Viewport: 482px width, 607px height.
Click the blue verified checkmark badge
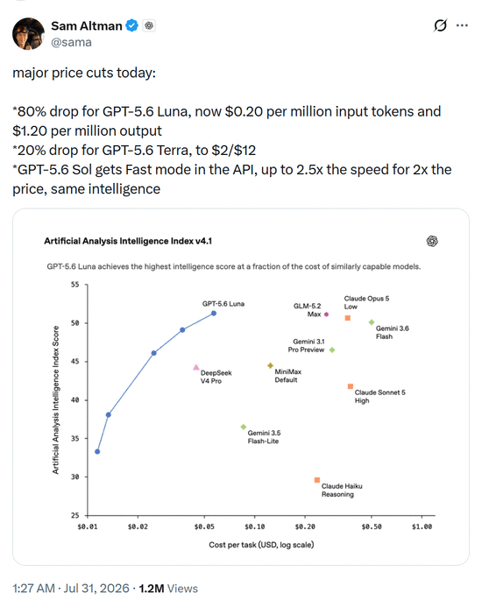click(x=131, y=25)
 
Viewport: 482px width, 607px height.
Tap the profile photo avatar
click(x=28, y=33)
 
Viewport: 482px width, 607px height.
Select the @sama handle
click(x=71, y=42)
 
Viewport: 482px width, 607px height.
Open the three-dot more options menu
click(x=462, y=25)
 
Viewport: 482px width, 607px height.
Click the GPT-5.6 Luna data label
click(x=223, y=304)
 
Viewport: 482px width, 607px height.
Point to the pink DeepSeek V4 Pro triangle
click(x=196, y=367)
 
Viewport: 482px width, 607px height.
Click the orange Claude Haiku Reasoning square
click(x=317, y=480)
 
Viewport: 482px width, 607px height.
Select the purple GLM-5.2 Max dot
click(x=326, y=314)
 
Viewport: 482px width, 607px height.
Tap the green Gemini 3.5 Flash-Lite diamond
click(x=244, y=427)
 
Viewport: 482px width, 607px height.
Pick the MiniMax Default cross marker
click(x=271, y=365)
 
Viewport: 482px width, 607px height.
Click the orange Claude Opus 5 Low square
click(x=348, y=318)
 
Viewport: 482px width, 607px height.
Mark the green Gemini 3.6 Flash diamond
click(x=372, y=322)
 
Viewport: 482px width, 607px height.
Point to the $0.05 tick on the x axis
click(x=204, y=517)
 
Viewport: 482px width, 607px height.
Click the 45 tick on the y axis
click(x=86, y=362)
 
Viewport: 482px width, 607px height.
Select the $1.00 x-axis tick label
click(x=422, y=526)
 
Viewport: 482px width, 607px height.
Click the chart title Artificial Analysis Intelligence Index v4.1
click(x=128, y=241)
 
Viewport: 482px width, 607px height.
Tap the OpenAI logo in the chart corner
click(x=432, y=241)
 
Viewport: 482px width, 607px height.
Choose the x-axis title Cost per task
click(x=261, y=545)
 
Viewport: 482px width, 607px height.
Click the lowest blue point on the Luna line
click(x=97, y=452)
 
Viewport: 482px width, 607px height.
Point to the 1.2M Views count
click(x=168, y=589)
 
